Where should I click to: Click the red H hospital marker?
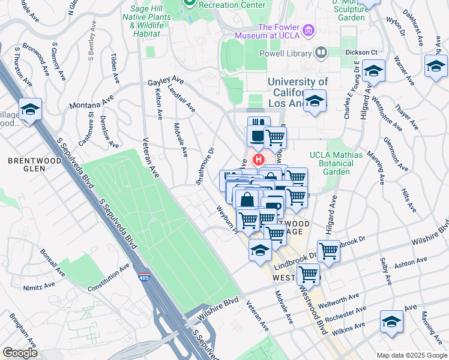tap(259, 160)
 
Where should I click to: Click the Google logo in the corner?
tap(20, 353)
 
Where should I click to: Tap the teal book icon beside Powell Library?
tap(321, 53)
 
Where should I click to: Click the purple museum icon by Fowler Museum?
tap(309, 30)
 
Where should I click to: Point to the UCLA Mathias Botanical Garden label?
tap(336, 163)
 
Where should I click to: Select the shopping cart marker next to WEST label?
tap(309, 275)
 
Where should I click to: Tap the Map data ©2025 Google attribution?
tap(411, 355)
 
